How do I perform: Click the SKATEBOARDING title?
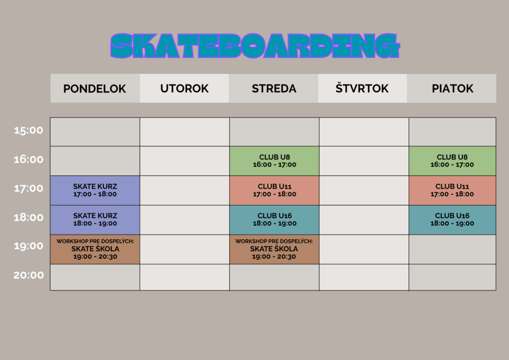click(x=255, y=46)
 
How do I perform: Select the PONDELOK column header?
click(x=95, y=89)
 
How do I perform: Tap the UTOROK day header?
click(x=184, y=89)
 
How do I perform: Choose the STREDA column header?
click(x=274, y=89)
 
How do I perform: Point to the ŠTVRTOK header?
click(x=362, y=89)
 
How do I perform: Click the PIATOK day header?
click(x=452, y=89)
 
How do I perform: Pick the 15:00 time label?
click(x=28, y=130)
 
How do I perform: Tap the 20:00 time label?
click(x=28, y=275)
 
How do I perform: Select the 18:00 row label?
click(x=28, y=217)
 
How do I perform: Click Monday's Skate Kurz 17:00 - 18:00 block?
click(x=95, y=190)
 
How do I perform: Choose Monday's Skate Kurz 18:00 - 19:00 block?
click(x=95, y=220)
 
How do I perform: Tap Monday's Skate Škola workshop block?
click(x=95, y=249)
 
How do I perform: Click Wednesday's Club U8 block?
click(x=274, y=161)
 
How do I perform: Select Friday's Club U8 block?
click(x=452, y=161)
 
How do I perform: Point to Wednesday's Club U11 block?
click(x=274, y=190)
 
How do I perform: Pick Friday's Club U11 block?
click(x=452, y=190)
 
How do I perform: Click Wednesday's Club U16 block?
click(x=274, y=220)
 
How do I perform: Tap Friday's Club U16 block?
click(x=452, y=220)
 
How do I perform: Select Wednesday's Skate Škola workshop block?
click(x=274, y=249)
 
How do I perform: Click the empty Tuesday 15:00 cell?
click(x=185, y=132)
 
